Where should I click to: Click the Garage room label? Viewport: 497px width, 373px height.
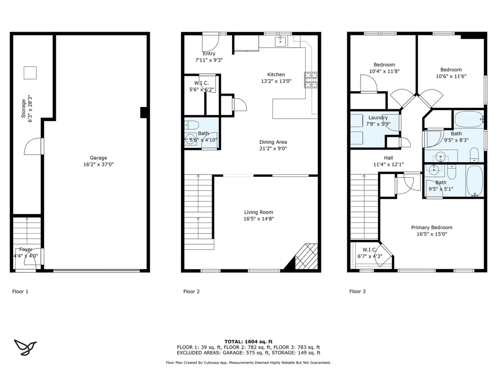click(x=98, y=158)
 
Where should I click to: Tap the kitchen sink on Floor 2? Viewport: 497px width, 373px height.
click(x=280, y=41)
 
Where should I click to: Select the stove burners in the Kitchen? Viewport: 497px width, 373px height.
click(x=311, y=80)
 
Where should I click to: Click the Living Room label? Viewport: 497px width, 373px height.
click(x=258, y=212)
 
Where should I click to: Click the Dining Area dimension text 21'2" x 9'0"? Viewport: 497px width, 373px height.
click(x=273, y=149)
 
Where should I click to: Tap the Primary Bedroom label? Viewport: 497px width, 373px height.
click(x=431, y=227)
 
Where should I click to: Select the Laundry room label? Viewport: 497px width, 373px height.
click(x=378, y=118)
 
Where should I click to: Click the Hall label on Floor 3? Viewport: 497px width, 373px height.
click(x=388, y=158)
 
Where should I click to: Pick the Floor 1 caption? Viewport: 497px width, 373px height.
click(x=20, y=291)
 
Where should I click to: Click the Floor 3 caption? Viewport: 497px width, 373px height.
click(x=358, y=291)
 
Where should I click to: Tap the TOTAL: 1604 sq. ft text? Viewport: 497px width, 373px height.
click(x=248, y=341)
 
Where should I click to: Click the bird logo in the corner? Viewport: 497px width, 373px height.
click(x=25, y=347)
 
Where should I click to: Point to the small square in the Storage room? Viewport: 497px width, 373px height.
click(x=30, y=73)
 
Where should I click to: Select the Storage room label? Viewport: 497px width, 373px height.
click(x=23, y=108)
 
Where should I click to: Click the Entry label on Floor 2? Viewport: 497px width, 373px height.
click(x=209, y=53)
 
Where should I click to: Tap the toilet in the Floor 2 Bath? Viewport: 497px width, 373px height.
click(x=192, y=125)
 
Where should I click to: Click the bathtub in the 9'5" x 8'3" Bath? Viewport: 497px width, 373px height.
click(x=469, y=119)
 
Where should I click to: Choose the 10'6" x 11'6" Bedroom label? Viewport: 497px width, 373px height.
click(x=451, y=70)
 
